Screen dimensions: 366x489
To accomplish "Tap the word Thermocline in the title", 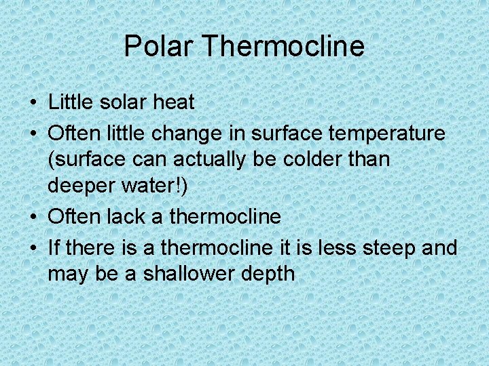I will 283,47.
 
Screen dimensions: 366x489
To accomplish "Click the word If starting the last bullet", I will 55,247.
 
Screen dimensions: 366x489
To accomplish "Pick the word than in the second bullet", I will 367,159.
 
